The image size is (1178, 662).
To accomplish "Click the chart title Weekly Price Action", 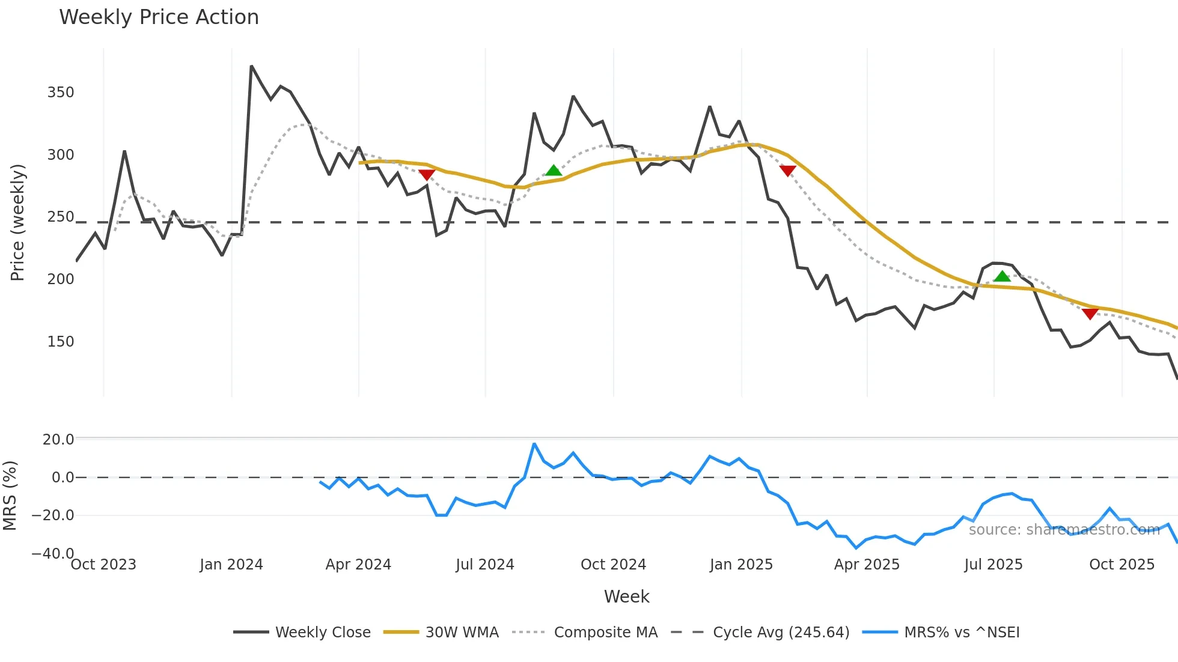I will coord(159,17).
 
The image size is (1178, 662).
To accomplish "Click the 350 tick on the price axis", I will coord(61,93).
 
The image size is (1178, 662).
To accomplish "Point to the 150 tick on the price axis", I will coord(61,342).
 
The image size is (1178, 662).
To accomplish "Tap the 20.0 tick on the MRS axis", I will coord(58,440).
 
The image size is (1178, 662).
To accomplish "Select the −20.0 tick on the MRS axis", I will coord(53,515).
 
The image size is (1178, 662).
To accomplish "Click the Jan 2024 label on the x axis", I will coord(231,565).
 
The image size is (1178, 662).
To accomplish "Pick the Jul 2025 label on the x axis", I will coord(993,565).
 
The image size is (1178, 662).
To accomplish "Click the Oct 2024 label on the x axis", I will coord(613,565).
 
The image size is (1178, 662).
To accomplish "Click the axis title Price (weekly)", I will coord(17,222).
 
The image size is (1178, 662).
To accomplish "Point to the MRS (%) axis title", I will coord(10,496).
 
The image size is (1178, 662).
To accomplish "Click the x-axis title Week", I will coord(626,597).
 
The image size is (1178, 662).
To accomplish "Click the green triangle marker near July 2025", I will coord(1002,276).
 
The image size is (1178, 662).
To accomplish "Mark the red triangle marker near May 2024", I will coord(427,175).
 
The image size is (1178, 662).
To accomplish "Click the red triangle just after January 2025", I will coord(787,171).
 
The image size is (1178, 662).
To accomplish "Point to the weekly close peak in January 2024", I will coord(251,66).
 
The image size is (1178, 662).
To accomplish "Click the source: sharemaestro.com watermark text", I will coord(1064,530).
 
